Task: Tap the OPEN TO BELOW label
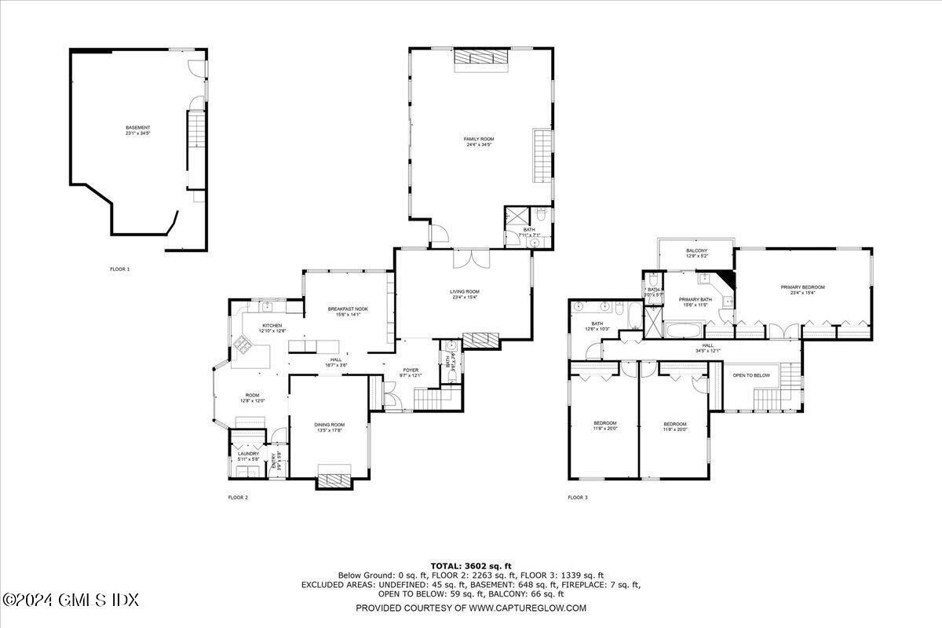click(x=751, y=376)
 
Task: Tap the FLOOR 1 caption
click(x=119, y=269)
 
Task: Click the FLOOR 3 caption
click(x=577, y=497)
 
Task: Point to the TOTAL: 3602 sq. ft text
click(x=470, y=565)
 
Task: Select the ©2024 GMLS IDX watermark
click(x=70, y=601)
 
